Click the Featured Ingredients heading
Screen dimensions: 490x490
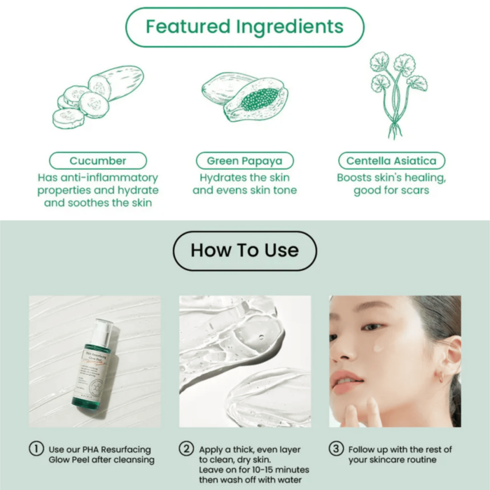(244, 27)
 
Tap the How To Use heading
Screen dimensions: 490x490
(244, 251)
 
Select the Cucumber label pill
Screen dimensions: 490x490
(98, 161)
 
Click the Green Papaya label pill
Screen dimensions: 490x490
(244, 161)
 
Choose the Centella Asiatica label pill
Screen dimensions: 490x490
(391, 161)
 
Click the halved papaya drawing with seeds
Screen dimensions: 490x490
(255, 100)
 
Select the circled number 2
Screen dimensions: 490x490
(186, 449)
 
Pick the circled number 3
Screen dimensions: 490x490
(337, 449)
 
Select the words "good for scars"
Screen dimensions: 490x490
(391, 190)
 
